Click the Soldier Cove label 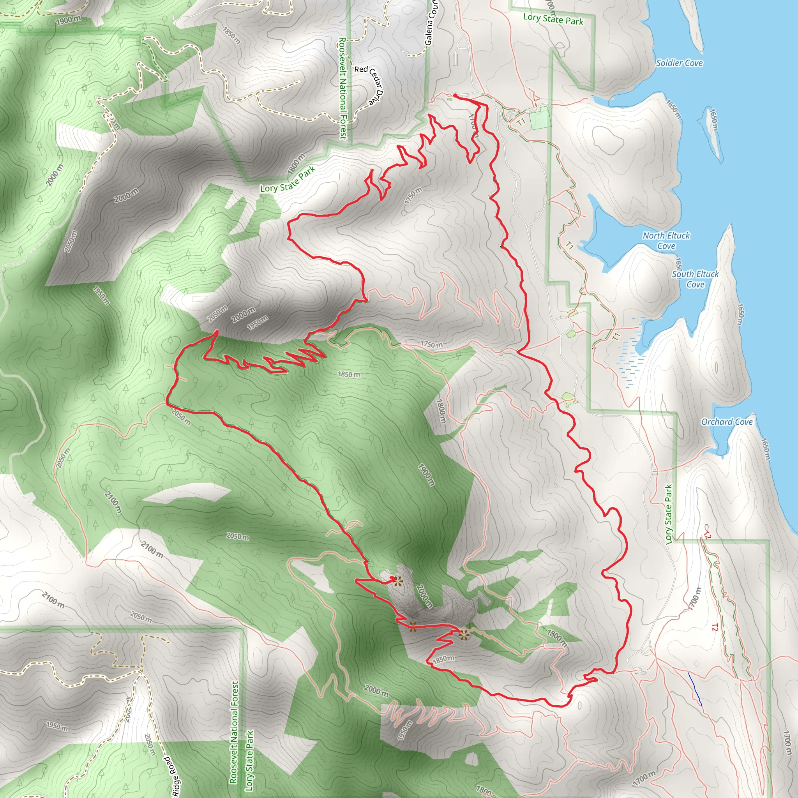(x=679, y=63)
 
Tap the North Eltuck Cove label (x=666, y=240)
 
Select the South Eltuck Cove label (x=695, y=279)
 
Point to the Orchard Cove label (x=727, y=422)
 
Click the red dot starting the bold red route (x=455, y=95)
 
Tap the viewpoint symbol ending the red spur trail (x=397, y=582)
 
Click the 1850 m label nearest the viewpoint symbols (x=443, y=659)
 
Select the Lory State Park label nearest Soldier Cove (x=553, y=19)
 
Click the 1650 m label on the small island (x=714, y=120)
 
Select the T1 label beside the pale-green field (x=521, y=122)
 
